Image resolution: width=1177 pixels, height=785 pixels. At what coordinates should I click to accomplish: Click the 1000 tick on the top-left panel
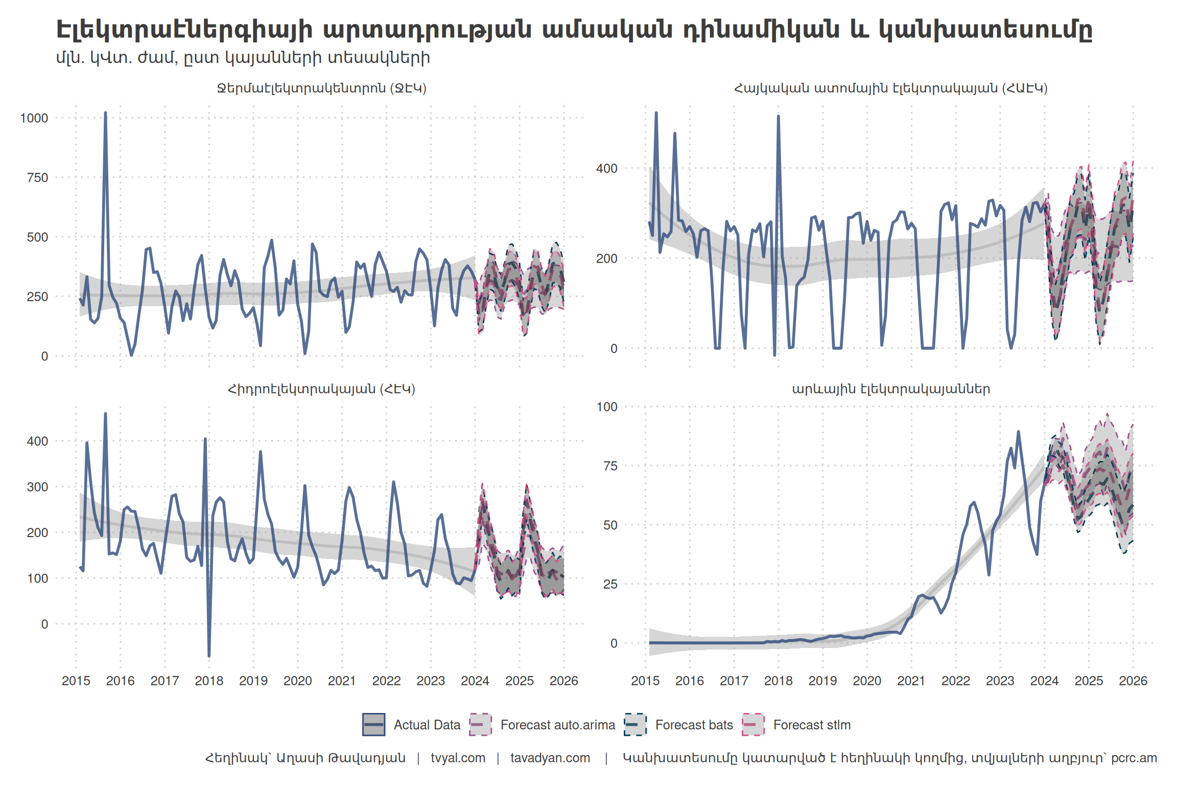pyautogui.click(x=34, y=118)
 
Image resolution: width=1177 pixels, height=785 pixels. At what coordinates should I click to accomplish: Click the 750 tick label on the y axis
pyautogui.click(x=37, y=178)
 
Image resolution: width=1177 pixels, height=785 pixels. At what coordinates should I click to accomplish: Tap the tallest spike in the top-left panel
pyautogui.click(x=105, y=113)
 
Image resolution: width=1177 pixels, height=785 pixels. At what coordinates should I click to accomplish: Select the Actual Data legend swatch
pyautogui.click(x=373, y=725)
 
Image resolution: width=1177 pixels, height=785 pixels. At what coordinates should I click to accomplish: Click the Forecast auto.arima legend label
pyautogui.click(x=557, y=725)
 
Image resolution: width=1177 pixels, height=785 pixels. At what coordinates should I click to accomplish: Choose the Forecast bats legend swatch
pyautogui.click(x=635, y=725)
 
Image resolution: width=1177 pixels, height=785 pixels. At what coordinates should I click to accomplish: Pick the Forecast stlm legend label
pyautogui.click(x=812, y=725)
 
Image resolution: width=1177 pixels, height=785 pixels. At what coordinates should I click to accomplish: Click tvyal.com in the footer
pyautogui.click(x=458, y=757)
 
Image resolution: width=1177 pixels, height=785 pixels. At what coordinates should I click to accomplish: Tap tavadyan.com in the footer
pyautogui.click(x=550, y=757)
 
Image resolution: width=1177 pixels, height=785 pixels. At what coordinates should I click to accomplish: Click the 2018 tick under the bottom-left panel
pyautogui.click(x=209, y=681)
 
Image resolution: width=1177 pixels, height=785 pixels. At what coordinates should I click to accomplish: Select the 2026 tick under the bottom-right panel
pyautogui.click(x=1133, y=681)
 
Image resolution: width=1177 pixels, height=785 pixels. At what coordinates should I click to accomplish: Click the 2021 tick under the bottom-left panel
pyautogui.click(x=342, y=681)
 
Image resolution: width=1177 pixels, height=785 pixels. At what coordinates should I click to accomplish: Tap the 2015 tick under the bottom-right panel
pyautogui.click(x=645, y=681)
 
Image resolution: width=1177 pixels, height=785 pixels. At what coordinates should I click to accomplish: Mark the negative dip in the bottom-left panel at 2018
pyautogui.click(x=209, y=655)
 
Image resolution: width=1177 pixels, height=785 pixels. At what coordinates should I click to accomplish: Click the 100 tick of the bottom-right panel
pyautogui.click(x=607, y=407)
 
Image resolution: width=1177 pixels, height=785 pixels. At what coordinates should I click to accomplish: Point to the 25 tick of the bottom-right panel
pyautogui.click(x=610, y=584)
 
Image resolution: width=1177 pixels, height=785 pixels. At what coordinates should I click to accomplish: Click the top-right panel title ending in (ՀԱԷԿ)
pyautogui.click(x=890, y=88)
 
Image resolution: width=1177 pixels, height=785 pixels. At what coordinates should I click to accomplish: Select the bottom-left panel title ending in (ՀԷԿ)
pyautogui.click(x=321, y=389)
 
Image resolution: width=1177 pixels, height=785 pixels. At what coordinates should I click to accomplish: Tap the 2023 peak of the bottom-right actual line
pyautogui.click(x=1018, y=432)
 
